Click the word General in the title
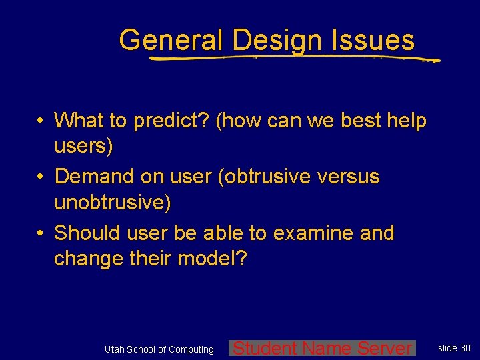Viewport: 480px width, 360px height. [171, 40]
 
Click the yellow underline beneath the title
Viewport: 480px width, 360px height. [293, 59]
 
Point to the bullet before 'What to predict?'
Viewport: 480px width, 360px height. [41, 121]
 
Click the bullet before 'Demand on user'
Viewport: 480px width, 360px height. [41, 177]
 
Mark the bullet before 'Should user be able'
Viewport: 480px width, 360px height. [41, 233]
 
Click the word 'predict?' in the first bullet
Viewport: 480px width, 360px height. [172, 121]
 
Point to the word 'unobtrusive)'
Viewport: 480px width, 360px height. [112, 202]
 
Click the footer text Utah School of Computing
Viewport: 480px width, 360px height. [159, 349]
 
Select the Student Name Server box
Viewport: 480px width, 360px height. [323, 348]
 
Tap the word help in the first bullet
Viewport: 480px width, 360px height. [405, 121]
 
